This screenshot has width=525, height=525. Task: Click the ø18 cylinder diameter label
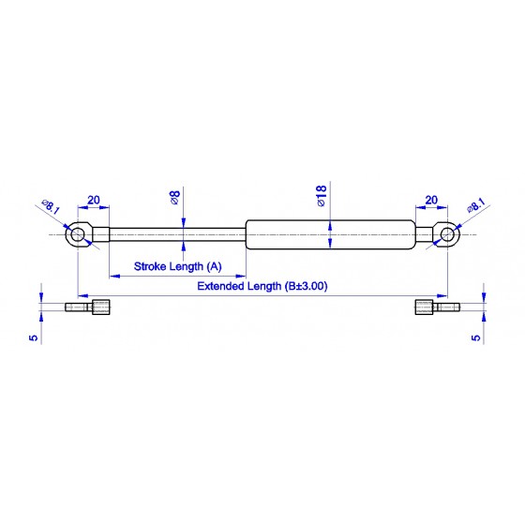point(321,196)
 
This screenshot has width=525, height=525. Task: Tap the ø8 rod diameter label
point(174,197)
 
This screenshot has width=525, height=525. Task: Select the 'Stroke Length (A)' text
point(178,266)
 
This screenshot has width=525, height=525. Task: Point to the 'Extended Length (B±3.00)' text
point(262,286)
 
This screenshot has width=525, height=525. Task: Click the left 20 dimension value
point(94,200)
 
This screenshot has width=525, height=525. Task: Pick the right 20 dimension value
point(431,200)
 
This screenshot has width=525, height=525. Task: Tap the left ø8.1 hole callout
point(51,206)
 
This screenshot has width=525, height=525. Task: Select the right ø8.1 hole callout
point(476,205)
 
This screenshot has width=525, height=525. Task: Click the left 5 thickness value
point(34,337)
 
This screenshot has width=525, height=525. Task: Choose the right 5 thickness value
point(476,337)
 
